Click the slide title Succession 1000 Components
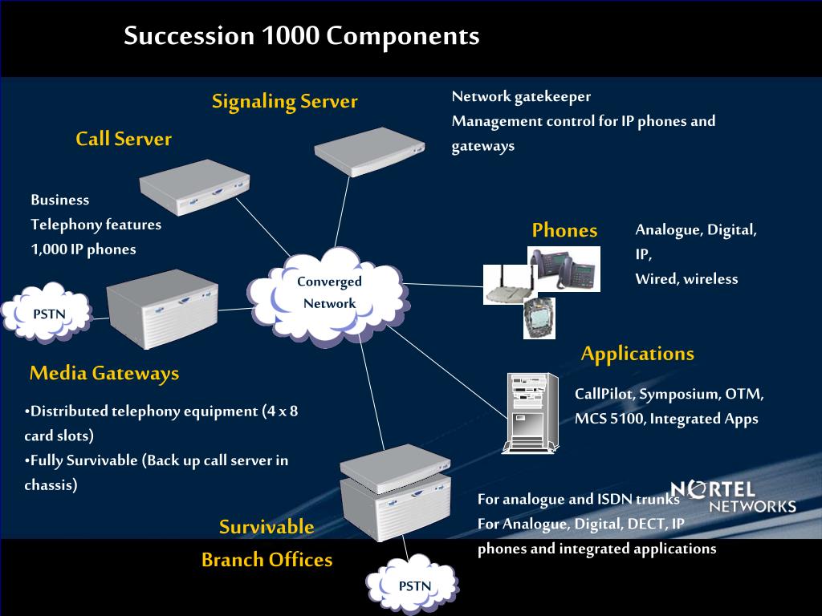pyautogui.click(x=301, y=36)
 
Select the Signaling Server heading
pyautogui.click(x=284, y=101)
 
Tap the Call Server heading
pyautogui.click(x=124, y=139)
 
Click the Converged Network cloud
pyautogui.click(x=329, y=294)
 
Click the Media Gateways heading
pyautogui.click(x=104, y=373)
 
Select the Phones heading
pyautogui.click(x=564, y=231)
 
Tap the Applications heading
pyautogui.click(x=637, y=354)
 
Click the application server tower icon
pyautogui.click(x=530, y=414)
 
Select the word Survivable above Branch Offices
pyautogui.click(x=267, y=527)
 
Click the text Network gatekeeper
pyautogui.click(x=521, y=97)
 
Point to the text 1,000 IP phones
pyautogui.click(x=83, y=249)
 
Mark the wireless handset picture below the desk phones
pyautogui.click(x=539, y=319)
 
